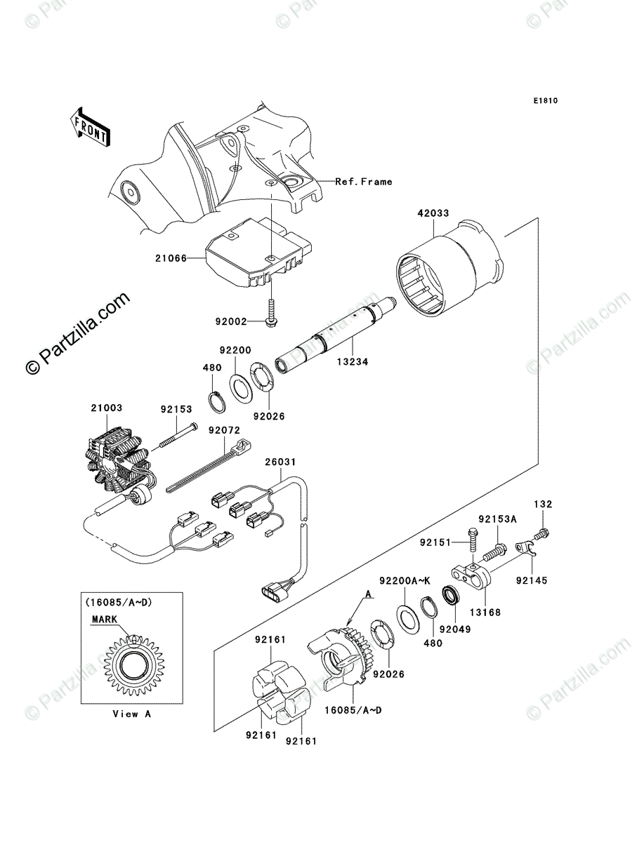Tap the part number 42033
(433, 213)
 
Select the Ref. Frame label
(363, 182)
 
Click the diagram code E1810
(544, 101)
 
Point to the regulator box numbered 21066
(257, 251)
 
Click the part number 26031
(280, 462)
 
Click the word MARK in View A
(105, 620)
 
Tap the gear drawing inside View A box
(133, 662)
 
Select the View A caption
(131, 714)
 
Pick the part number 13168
(485, 613)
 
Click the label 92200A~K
(402, 580)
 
